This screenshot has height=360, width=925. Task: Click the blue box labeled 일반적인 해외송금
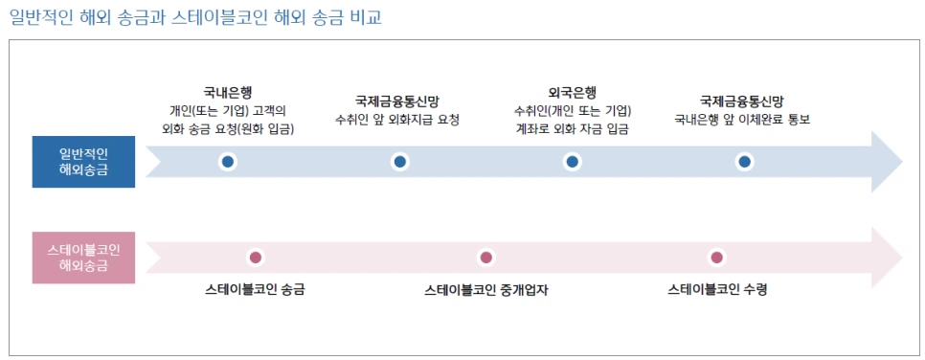(x=83, y=162)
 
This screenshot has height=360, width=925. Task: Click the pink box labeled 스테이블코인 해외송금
(x=83, y=258)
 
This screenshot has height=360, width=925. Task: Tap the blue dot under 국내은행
(x=228, y=162)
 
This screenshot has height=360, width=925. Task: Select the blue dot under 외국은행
(x=572, y=162)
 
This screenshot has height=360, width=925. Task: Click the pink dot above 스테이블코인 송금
(x=256, y=258)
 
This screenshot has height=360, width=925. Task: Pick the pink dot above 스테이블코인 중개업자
(x=486, y=258)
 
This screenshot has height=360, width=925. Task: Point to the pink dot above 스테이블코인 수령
(x=716, y=258)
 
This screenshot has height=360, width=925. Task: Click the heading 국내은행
(x=228, y=93)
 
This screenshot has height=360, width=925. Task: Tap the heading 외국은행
(x=572, y=93)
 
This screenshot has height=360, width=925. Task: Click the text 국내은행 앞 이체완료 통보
(x=742, y=120)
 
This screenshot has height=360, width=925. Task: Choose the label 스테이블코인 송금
(x=261, y=289)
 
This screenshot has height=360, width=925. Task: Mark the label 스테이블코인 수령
(x=717, y=289)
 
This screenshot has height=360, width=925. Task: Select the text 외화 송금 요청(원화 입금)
(x=228, y=128)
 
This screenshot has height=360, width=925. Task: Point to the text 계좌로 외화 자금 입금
(x=572, y=128)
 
